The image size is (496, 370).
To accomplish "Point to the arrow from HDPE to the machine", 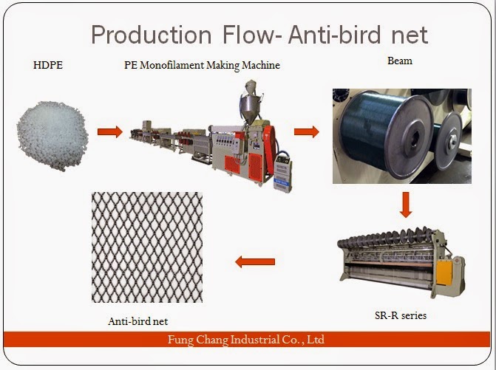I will [109, 132].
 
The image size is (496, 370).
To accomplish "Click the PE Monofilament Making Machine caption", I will [202, 66].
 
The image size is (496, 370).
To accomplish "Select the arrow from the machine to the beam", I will [306, 132].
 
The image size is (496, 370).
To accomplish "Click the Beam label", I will [400, 61].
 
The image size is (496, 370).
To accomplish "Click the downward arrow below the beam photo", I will [404, 205].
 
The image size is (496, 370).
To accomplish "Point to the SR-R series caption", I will [400, 315].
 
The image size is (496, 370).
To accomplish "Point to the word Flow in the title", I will [242, 34].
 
